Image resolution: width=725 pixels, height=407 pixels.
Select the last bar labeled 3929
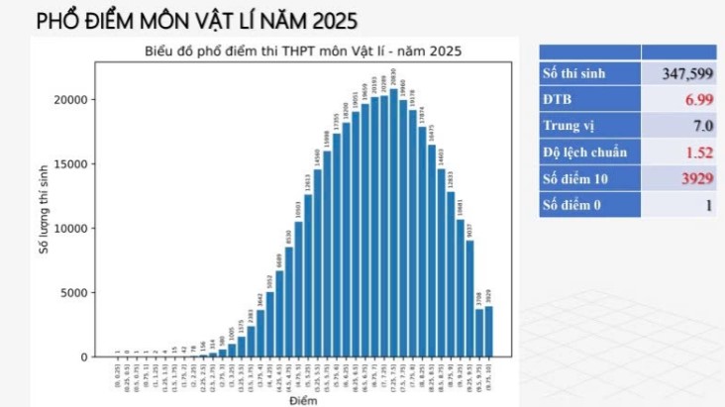click(487, 331)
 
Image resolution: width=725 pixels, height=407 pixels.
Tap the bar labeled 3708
click(478, 333)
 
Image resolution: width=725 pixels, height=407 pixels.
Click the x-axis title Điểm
click(302, 401)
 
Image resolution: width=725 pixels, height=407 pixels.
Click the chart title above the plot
click(302, 51)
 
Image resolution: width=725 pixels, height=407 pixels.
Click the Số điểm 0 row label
click(571, 205)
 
